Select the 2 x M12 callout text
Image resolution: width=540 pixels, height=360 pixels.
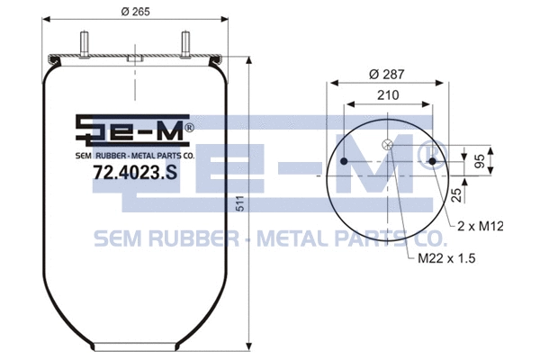tap(480, 226)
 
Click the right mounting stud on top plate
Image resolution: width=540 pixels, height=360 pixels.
tap(185, 43)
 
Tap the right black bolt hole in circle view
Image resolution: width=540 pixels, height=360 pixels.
tap(433, 162)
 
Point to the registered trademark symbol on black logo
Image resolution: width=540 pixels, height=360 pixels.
tap(189, 128)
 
